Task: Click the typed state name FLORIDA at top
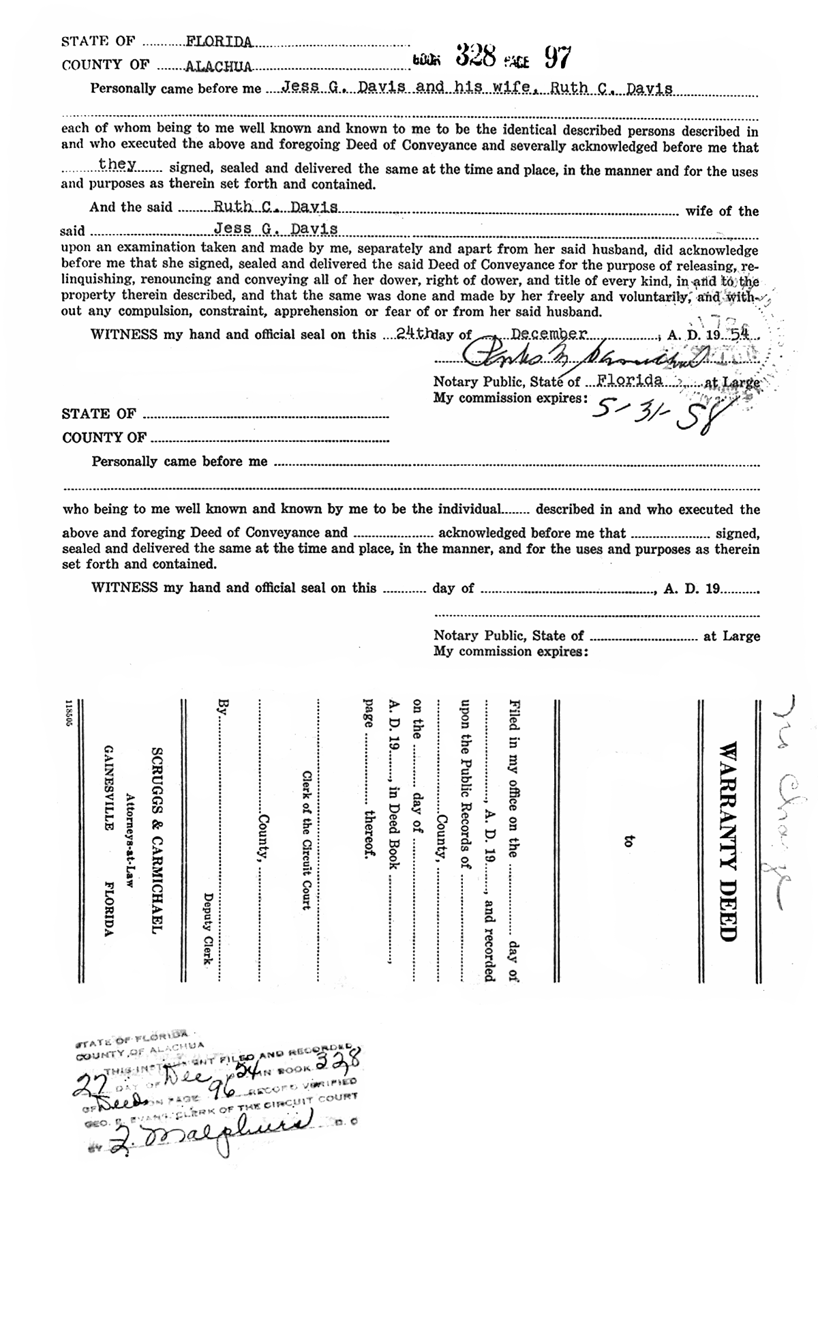pos(219,42)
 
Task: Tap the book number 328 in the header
pos(475,56)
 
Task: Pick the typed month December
pos(549,333)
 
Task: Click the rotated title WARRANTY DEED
pos(728,842)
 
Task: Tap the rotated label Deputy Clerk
pos(209,928)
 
